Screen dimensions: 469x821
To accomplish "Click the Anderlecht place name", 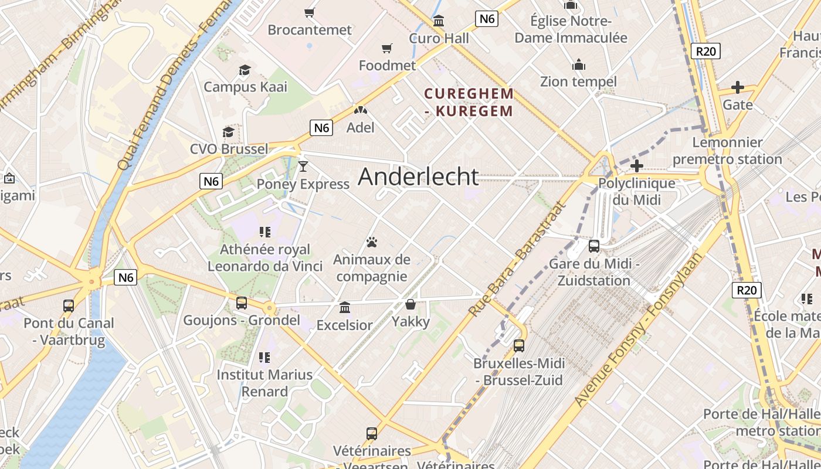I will click(x=418, y=176).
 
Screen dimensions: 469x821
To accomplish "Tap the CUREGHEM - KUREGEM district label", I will click(x=469, y=102).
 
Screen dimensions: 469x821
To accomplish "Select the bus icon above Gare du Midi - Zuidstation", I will click(x=594, y=246).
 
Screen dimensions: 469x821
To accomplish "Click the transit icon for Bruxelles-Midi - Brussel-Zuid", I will click(x=518, y=346).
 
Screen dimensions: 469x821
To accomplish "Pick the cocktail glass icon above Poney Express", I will click(x=303, y=166).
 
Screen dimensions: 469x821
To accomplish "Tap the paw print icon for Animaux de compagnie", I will click(x=371, y=242).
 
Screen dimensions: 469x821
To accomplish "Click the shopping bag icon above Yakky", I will click(x=410, y=304).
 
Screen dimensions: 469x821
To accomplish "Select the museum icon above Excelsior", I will click(x=345, y=307).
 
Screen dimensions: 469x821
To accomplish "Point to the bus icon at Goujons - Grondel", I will click(x=241, y=303).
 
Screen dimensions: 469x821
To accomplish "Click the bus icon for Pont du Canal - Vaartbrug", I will click(x=69, y=305).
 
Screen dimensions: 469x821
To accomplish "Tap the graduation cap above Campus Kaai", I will click(x=245, y=70).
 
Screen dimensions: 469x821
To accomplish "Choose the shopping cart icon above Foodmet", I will click(x=387, y=48).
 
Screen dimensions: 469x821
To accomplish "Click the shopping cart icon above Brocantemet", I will click(x=310, y=12).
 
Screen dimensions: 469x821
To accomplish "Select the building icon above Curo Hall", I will click(x=439, y=22).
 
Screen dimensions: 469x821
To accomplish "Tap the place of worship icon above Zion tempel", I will click(x=579, y=64).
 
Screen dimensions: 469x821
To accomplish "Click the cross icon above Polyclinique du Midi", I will click(x=636, y=166).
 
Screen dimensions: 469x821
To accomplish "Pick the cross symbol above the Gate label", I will click(x=737, y=88).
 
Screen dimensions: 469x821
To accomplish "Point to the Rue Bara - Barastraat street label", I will click(x=518, y=259).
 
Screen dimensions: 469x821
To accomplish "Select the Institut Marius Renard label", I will click(x=264, y=383).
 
